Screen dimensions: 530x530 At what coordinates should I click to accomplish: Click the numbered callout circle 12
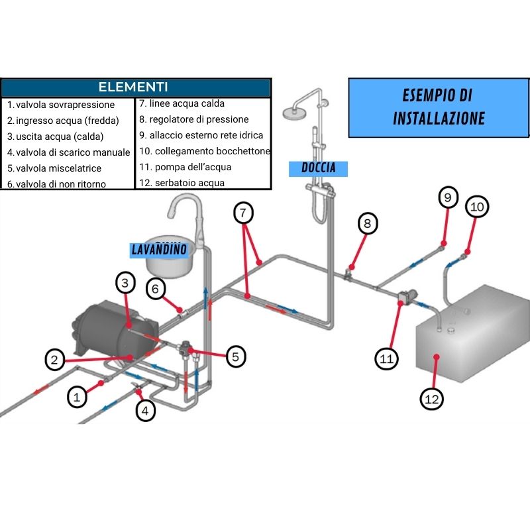[432, 399]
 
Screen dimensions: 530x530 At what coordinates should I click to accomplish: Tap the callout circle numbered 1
[78, 397]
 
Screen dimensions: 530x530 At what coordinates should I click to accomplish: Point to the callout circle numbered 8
[368, 224]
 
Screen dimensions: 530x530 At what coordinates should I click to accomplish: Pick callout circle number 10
[477, 207]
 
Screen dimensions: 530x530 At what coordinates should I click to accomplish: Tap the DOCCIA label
[319, 168]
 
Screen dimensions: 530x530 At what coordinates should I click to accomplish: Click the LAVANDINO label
[159, 250]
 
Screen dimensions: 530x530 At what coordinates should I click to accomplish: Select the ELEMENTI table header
[135, 87]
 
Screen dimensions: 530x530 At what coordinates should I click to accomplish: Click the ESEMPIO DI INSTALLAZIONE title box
[439, 107]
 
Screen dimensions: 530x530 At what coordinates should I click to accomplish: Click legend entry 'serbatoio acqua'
[182, 183]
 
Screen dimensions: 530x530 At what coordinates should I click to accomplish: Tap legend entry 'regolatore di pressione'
[193, 119]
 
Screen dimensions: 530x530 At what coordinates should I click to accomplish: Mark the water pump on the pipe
[408, 296]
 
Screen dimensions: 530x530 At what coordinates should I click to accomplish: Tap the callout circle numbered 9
[448, 197]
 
